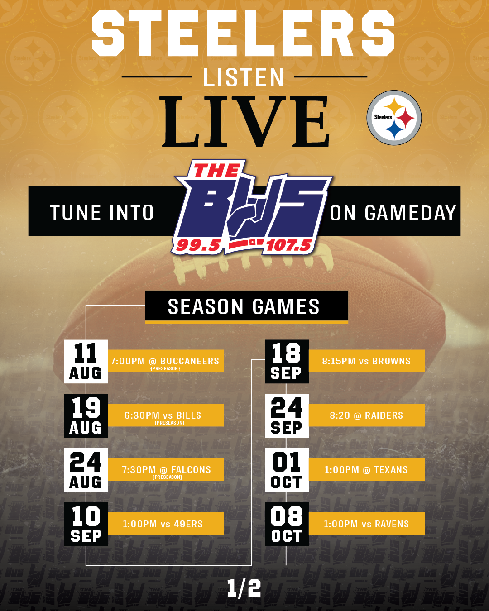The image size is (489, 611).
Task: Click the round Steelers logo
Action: pyautogui.click(x=394, y=118)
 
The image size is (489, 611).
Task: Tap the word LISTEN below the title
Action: pyautogui.click(x=244, y=77)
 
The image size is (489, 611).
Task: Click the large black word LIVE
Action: pyautogui.click(x=245, y=121)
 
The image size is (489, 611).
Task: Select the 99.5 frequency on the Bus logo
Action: pyautogui.click(x=198, y=245)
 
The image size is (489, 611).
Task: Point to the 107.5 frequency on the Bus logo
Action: pyautogui.click(x=289, y=245)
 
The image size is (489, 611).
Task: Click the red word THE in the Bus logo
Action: pyautogui.click(x=217, y=171)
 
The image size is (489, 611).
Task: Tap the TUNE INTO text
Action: pyautogui.click(x=102, y=212)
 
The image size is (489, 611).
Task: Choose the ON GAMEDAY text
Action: pyautogui.click(x=393, y=213)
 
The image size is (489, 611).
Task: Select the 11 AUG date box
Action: pyautogui.click(x=86, y=362)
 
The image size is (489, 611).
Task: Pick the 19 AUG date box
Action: pyautogui.click(x=86, y=415)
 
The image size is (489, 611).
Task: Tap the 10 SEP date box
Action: pyautogui.click(x=86, y=524)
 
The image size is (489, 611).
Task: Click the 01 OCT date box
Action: pyautogui.click(x=287, y=470)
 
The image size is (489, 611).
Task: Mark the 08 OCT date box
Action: pyautogui.click(x=287, y=524)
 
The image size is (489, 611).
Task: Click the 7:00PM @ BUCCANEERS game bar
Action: pyautogui.click(x=166, y=361)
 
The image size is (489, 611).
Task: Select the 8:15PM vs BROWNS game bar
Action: pyautogui.click(x=367, y=361)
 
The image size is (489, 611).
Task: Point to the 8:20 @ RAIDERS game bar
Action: pyautogui.click(x=367, y=415)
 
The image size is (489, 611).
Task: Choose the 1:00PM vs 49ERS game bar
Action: pyautogui.click(x=166, y=524)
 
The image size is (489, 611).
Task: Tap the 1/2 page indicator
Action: pyautogui.click(x=244, y=588)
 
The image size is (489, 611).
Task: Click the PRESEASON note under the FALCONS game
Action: pyautogui.click(x=168, y=477)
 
